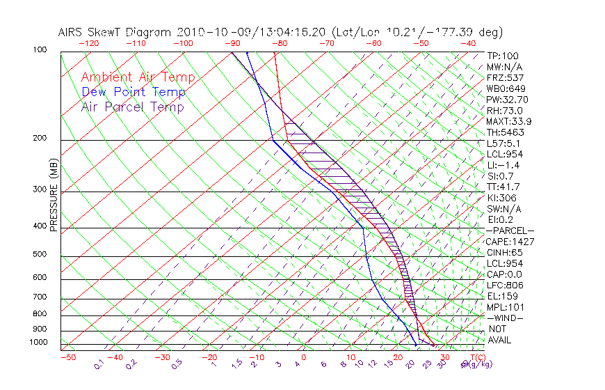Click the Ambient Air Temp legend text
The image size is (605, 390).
(x=138, y=77)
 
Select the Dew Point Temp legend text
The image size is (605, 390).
(x=134, y=92)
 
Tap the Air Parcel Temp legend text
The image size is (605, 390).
(x=133, y=107)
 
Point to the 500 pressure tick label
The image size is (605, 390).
(x=40, y=255)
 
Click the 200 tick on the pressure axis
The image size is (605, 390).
(x=40, y=139)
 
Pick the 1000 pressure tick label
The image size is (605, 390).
(x=38, y=343)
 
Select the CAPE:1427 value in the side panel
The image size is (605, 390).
(x=510, y=241)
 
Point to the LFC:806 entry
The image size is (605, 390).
(x=505, y=285)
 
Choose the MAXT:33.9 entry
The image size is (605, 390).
(x=509, y=121)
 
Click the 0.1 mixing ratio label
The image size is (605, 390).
(x=99, y=364)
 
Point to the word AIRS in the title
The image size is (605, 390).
(x=71, y=32)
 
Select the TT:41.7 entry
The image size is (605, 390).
(x=503, y=187)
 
